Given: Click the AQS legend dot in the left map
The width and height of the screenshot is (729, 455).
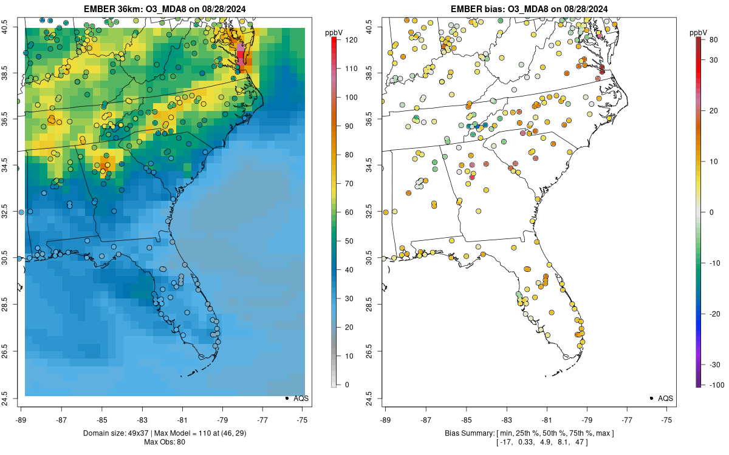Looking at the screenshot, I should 286,398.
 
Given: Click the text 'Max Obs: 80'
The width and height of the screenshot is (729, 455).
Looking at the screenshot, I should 165,442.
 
